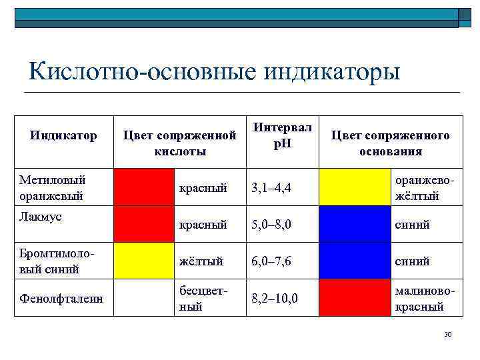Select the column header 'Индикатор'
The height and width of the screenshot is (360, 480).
coord(64,136)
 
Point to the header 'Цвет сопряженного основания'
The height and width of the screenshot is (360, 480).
coord(390,143)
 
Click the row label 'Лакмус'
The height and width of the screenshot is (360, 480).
coord(41,217)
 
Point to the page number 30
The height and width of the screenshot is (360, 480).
coord(447,333)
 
